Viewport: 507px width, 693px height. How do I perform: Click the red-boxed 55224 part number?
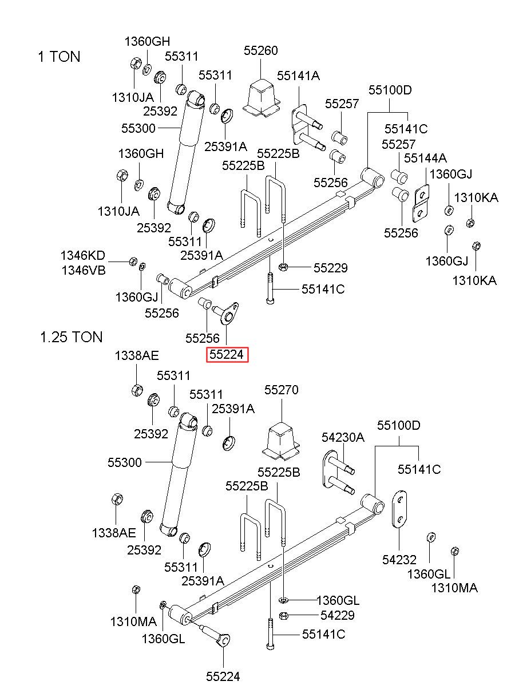[227, 355]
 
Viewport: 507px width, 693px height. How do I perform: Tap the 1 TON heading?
[59, 57]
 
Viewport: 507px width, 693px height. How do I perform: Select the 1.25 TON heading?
[72, 336]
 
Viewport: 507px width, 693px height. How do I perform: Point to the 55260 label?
[260, 50]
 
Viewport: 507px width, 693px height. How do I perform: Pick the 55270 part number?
[281, 390]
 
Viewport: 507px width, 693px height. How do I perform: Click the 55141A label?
[298, 76]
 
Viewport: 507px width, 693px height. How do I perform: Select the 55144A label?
[425, 158]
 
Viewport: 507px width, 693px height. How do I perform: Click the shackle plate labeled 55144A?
[421, 203]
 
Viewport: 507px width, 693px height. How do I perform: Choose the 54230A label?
[343, 437]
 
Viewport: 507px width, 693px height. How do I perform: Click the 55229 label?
[331, 268]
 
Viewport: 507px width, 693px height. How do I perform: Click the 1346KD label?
[83, 256]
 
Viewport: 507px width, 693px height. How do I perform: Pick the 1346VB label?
[84, 271]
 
